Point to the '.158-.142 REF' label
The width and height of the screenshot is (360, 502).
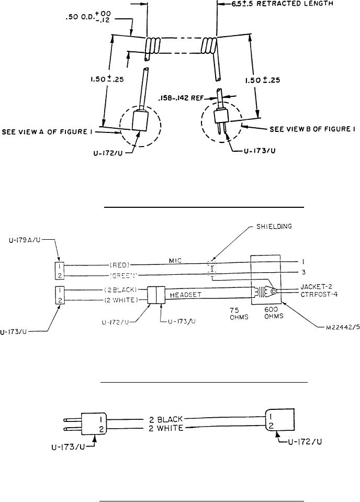[181, 98]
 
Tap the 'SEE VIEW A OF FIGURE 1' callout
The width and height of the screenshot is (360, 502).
[45, 131]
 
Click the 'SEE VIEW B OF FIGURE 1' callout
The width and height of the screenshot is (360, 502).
[312, 129]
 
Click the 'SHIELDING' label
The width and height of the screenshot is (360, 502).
[274, 226]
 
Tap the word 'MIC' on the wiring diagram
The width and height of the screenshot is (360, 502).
[175, 261]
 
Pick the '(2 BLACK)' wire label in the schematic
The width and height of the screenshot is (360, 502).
[120, 290]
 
